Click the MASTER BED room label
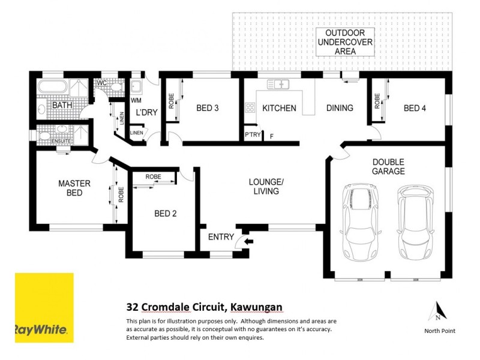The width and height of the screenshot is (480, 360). pyautogui.click(x=74, y=188)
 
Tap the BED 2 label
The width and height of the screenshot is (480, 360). pyautogui.click(x=166, y=214)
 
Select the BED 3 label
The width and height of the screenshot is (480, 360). pyautogui.click(x=208, y=109)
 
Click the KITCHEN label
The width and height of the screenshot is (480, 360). pyautogui.click(x=279, y=109)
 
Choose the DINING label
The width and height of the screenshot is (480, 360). pyautogui.click(x=340, y=109)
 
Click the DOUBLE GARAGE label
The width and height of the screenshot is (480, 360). pyautogui.click(x=388, y=166)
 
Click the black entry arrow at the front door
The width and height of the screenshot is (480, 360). pyautogui.click(x=250, y=241)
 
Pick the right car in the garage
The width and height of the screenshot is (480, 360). pyautogui.click(x=415, y=220)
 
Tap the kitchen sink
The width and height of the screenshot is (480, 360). pyautogui.click(x=279, y=84)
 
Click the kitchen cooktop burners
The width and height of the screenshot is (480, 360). pyautogui.click(x=250, y=109)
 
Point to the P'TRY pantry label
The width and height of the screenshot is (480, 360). pyautogui.click(x=253, y=135)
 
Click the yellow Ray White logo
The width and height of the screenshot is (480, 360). pyautogui.click(x=44, y=307)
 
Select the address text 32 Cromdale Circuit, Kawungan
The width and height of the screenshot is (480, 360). pyautogui.click(x=204, y=307)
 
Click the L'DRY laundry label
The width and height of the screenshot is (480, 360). pyautogui.click(x=146, y=113)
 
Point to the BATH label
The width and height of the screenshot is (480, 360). pyautogui.click(x=62, y=106)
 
